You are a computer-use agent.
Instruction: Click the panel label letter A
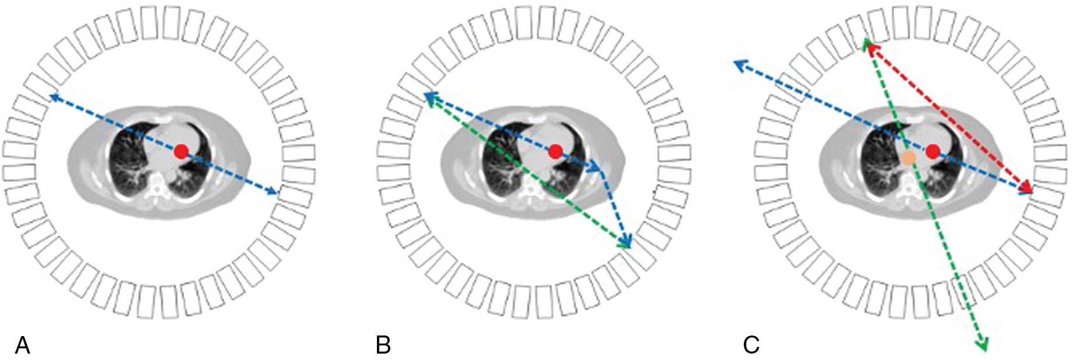pyautogui.click(x=22, y=345)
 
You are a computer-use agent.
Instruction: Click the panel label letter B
pyautogui.click(x=383, y=345)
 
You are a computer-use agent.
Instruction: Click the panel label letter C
pyautogui.click(x=751, y=345)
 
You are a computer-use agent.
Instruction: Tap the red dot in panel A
pyautogui.click(x=181, y=152)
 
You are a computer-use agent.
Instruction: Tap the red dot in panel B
pyautogui.click(x=555, y=152)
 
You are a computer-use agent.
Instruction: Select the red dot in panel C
pyautogui.click(x=932, y=152)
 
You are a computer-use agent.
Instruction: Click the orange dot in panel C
pyautogui.click(x=908, y=158)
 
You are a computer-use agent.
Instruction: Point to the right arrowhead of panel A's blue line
pyautogui.click(x=275, y=192)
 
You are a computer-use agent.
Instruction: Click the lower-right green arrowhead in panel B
pyautogui.click(x=627, y=246)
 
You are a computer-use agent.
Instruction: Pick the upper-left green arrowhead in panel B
pyautogui.click(x=429, y=100)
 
